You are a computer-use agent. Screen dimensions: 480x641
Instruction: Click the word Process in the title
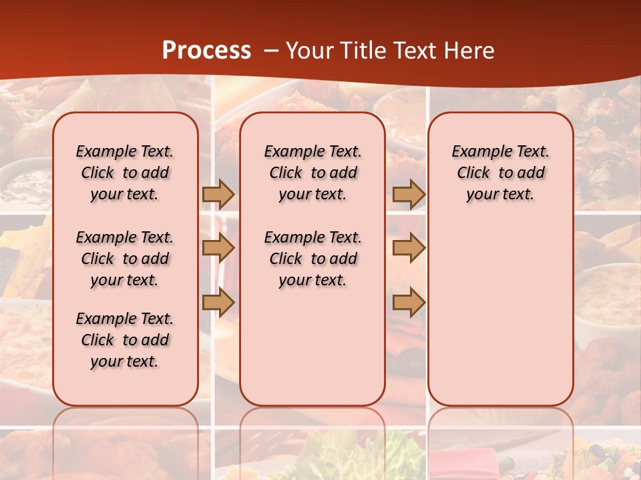[206, 51]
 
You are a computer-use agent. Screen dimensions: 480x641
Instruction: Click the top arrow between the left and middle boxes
[218, 194]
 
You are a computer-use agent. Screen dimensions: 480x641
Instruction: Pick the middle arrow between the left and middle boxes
[218, 248]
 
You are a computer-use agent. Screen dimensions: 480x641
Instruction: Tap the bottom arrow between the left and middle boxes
[218, 302]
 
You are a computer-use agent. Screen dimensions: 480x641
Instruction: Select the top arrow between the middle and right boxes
[409, 194]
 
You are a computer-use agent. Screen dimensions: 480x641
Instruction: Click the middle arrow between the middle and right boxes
[409, 248]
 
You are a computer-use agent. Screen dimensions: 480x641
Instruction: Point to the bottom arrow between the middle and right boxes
[409, 302]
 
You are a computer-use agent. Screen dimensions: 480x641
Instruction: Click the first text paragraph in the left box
[125, 173]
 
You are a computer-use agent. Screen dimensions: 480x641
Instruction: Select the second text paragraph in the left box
[125, 259]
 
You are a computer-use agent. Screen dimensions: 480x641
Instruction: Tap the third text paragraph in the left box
[125, 340]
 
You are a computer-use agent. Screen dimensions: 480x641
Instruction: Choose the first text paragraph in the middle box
[312, 173]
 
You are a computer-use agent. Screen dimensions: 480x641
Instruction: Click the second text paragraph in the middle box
[312, 259]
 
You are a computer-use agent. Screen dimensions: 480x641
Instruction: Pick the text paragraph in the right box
[500, 173]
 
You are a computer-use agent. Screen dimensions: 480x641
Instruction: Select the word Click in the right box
[473, 173]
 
